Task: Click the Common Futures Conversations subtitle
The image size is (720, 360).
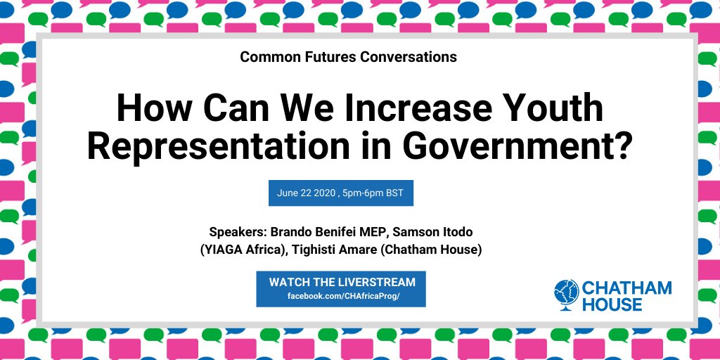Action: (x=348, y=57)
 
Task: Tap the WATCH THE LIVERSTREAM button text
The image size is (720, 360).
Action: (x=342, y=282)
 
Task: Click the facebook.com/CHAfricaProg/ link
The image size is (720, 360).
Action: (x=342, y=296)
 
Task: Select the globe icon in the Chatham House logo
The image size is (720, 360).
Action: (x=566, y=295)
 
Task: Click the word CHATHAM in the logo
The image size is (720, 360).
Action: (x=626, y=288)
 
